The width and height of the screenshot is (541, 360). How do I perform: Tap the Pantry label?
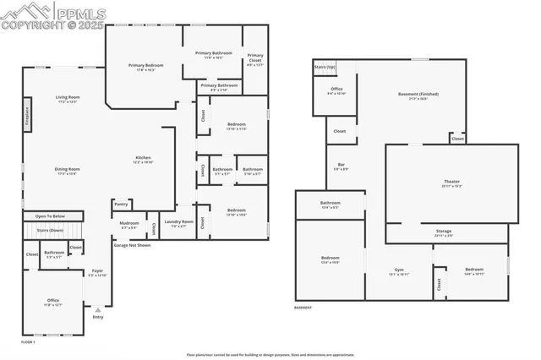click(x=122, y=204)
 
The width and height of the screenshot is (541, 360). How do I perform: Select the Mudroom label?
click(x=128, y=224)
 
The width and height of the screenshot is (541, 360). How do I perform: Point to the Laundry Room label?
click(x=178, y=222)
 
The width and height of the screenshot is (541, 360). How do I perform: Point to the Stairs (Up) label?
click(x=325, y=66)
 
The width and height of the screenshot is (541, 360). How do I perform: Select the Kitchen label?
click(x=144, y=158)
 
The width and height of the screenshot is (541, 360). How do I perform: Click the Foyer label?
click(x=98, y=271)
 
